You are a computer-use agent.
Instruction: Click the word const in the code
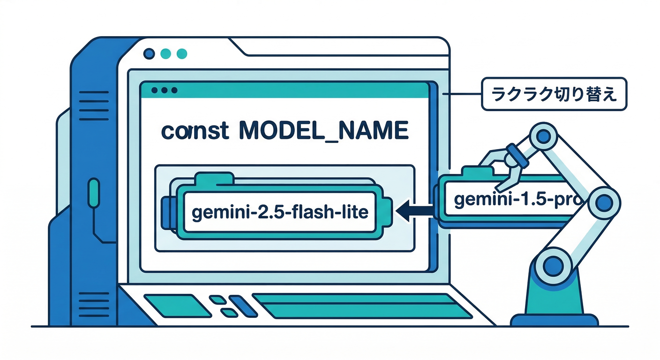tap(195, 132)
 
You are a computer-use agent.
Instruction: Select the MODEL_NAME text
tap(323, 132)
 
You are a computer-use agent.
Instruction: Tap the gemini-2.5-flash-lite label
tap(280, 212)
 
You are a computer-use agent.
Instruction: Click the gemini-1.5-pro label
tap(516, 200)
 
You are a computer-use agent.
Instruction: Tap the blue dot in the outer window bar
tap(150, 53)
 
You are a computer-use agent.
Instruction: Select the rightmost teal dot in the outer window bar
tap(180, 53)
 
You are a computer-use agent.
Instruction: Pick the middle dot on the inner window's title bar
tap(165, 90)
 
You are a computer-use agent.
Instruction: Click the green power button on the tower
tap(94, 192)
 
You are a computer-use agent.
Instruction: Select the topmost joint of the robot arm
tap(543, 136)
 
